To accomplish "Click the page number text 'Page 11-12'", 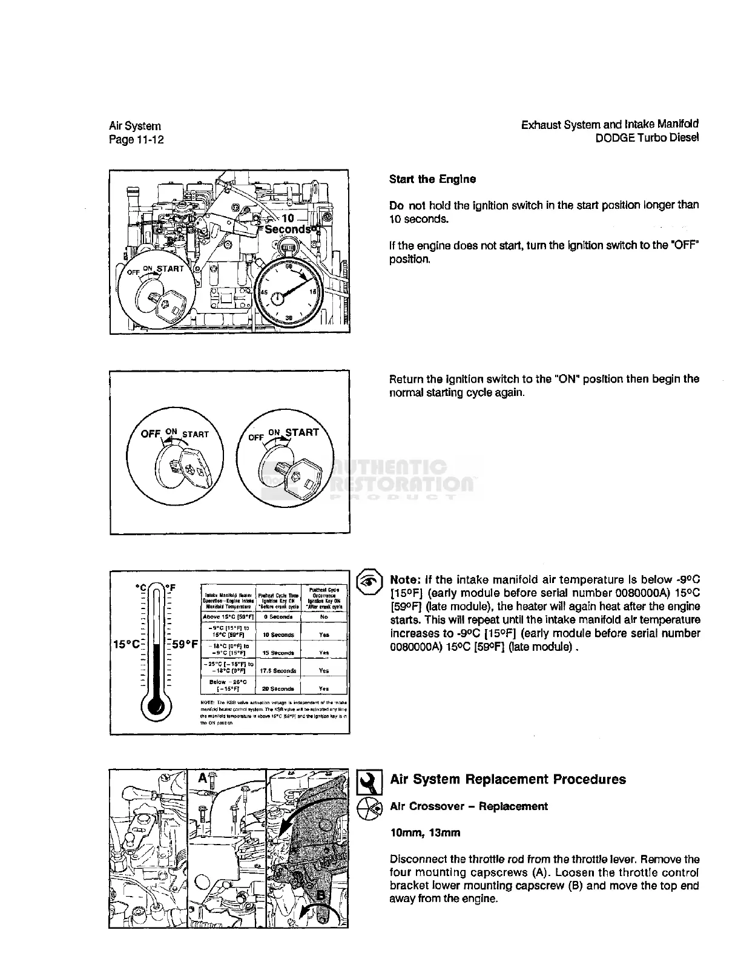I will (x=136, y=140).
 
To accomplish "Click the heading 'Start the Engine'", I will (x=432, y=179).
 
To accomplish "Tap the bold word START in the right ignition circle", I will (x=302, y=432).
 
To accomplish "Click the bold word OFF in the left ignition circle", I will (x=151, y=434).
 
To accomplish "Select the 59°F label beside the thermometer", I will (x=185, y=644).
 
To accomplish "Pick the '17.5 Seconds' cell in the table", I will (x=277, y=671).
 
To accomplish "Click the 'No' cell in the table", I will (x=324, y=617).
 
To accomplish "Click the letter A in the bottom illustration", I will (x=202, y=779).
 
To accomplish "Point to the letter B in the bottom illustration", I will (x=321, y=897).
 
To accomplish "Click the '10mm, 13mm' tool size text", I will (x=425, y=833).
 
